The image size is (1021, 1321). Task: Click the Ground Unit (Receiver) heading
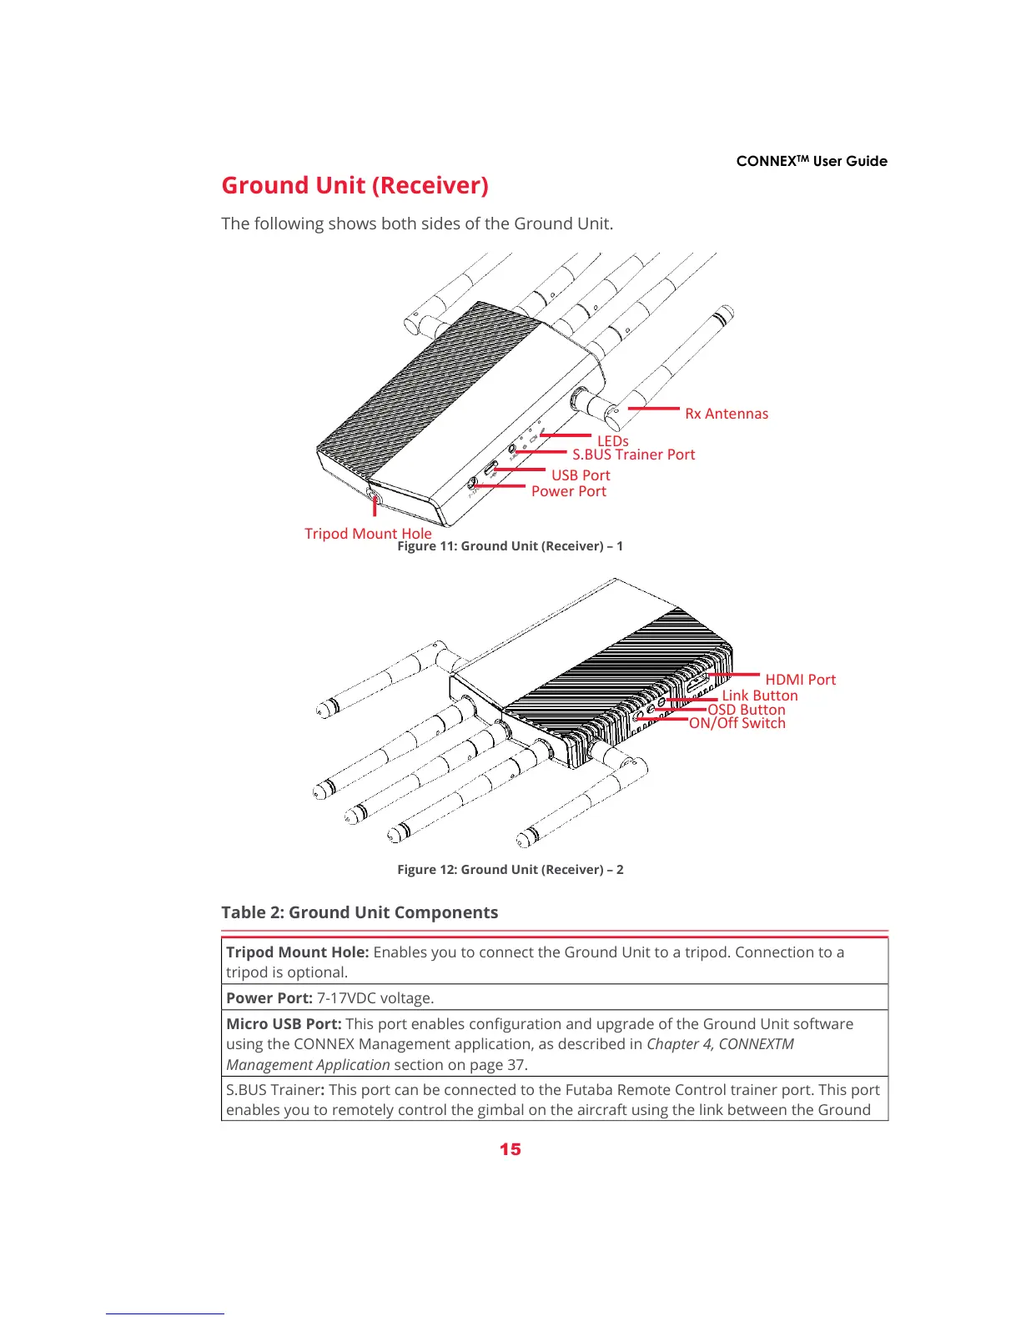click(355, 185)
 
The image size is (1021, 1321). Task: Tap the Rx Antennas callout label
click(727, 414)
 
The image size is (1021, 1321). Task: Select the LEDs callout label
click(612, 440)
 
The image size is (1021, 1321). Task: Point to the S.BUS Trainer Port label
click(633, 455)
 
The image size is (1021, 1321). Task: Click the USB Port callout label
click(581, 475)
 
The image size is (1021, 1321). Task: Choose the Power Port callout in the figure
click(569, 491)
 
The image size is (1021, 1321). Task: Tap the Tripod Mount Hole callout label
click(368, 533)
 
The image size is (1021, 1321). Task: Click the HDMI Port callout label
click(800, 680)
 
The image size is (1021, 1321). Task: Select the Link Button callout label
click(760, 696)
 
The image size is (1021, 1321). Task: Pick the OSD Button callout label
click(747, 710)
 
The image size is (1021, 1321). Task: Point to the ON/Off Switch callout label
click(737, 723)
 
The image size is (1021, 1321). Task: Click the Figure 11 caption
click(510, 546)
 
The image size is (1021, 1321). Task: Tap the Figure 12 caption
click(510, 869)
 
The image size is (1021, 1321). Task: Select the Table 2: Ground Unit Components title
click(360, 912)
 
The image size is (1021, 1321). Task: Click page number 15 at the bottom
click(510, 1149)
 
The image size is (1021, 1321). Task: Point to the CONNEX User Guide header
click(812, 161)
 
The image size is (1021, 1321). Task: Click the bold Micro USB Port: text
click(284, 1023)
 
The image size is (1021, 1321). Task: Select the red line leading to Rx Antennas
click(654, 409)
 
